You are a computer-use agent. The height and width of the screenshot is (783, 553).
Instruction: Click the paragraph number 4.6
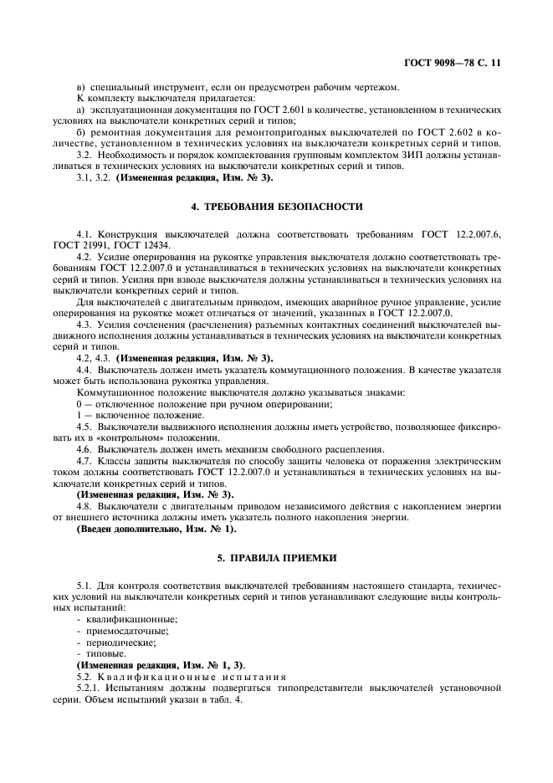coord(84,448)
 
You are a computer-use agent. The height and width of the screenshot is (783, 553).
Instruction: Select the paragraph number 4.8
coord(84,506)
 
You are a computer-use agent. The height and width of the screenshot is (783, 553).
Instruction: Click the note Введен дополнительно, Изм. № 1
coord(156,529)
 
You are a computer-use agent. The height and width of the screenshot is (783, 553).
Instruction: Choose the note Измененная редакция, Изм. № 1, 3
coord(161,665)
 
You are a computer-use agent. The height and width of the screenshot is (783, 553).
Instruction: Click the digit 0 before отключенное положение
coord(78,404)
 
